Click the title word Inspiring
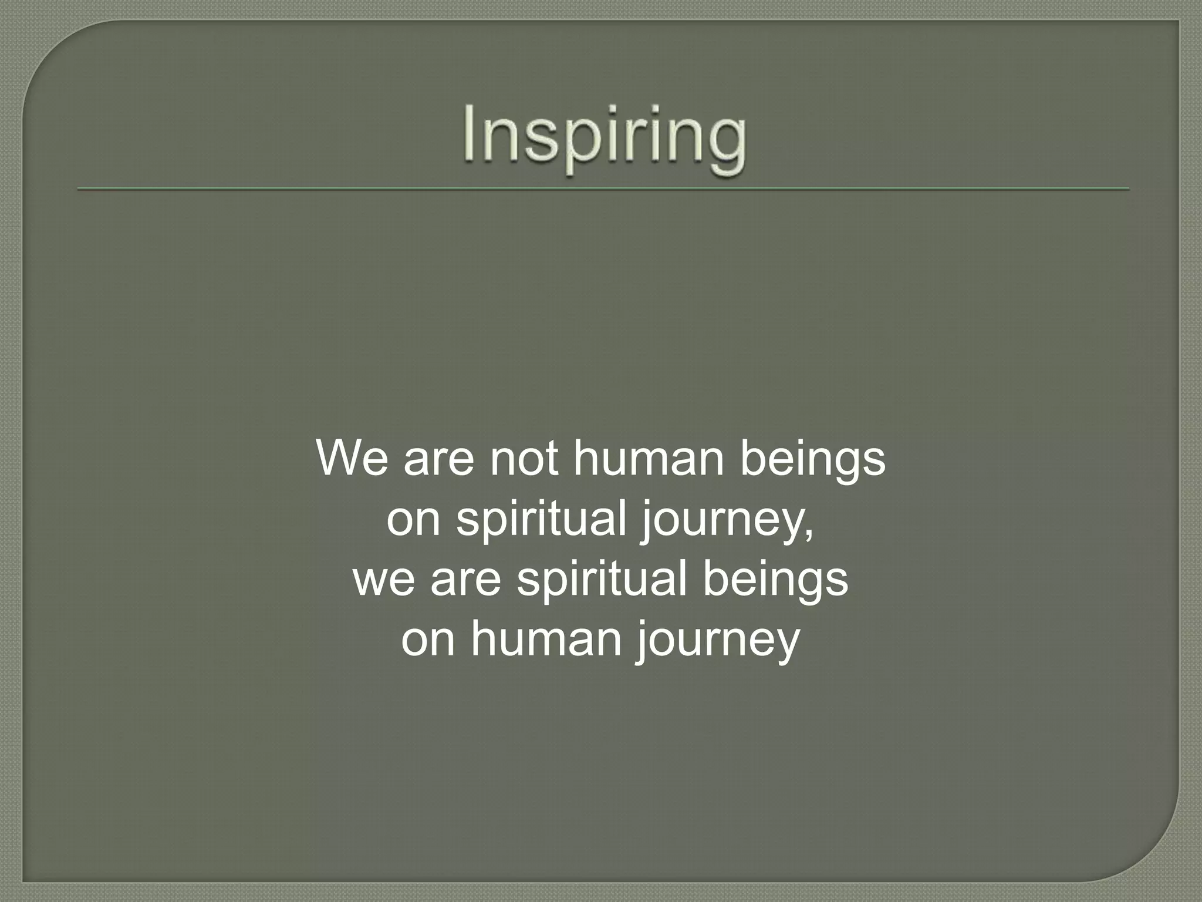point(604,139)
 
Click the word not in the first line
point(524,459)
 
